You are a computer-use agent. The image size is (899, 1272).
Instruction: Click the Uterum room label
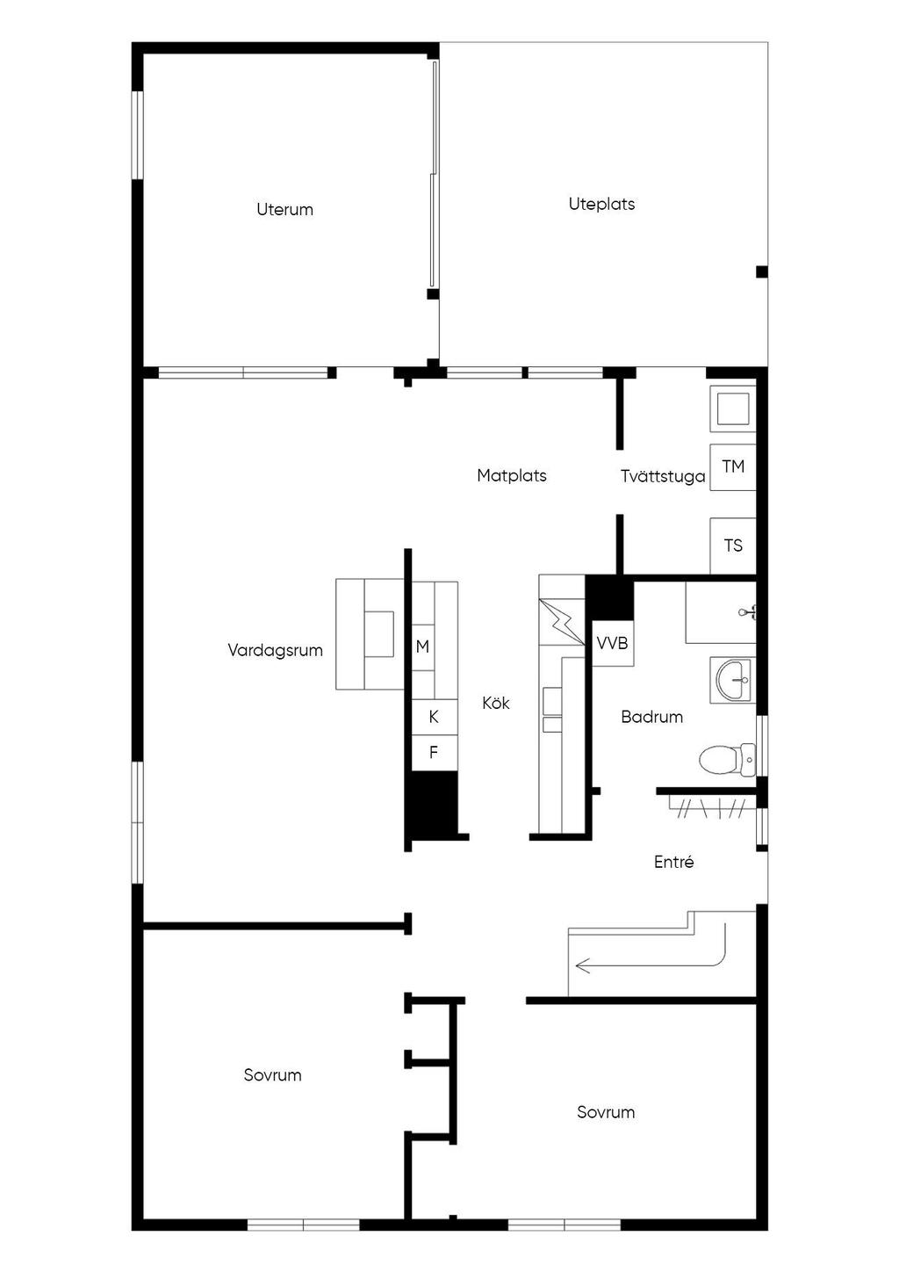click(284, 210)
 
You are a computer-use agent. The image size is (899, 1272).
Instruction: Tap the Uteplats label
click(601, 204)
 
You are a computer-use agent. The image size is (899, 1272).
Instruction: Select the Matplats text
click(511, 475)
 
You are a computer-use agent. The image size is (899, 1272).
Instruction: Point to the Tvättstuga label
click(663, 476)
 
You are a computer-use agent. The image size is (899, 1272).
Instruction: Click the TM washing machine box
click(733, 466)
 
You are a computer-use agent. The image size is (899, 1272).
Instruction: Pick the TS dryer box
click(733, 546)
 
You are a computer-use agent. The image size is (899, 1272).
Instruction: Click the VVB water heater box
click(613, 643)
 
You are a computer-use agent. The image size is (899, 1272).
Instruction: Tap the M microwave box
click(423, 647)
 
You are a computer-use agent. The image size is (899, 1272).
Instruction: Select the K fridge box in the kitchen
click(435, 717)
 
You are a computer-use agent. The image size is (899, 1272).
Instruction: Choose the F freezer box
click(435, 753)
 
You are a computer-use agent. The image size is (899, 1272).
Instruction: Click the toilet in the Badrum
click(727, 760)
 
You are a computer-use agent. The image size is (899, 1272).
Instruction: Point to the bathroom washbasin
click(733, 680)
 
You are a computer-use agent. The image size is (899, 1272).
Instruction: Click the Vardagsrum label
click(276, 650)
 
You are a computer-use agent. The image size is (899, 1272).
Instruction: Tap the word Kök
click(496, 703)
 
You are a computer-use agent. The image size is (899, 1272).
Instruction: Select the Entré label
click(673, 862)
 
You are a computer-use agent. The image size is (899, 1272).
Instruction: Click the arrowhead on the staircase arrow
click(580, 965)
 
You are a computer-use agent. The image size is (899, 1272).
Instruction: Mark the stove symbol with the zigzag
click(562, 621)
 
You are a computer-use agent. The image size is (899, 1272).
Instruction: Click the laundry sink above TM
click(733, 408)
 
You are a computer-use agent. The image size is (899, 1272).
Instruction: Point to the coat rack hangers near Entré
click(712, 808)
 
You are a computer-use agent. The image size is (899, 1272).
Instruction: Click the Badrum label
click(651, 717)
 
